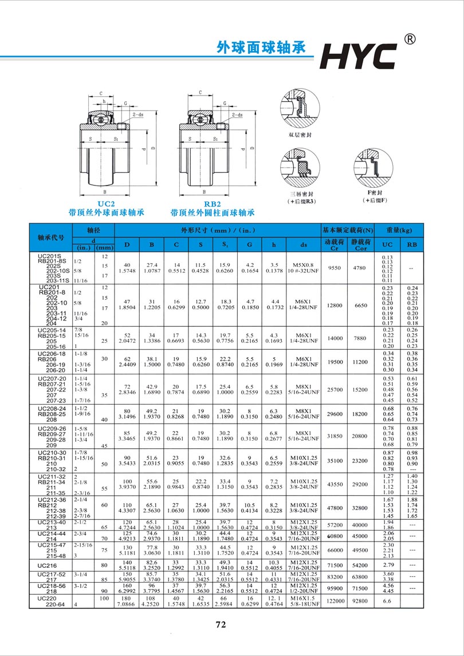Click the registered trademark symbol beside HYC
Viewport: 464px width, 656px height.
(x=410, y=39)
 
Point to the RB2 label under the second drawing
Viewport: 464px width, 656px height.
(x=212, y=203)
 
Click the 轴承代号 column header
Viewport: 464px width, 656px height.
(x=51, y=237)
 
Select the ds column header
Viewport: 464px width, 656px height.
(x=303, y=245)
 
